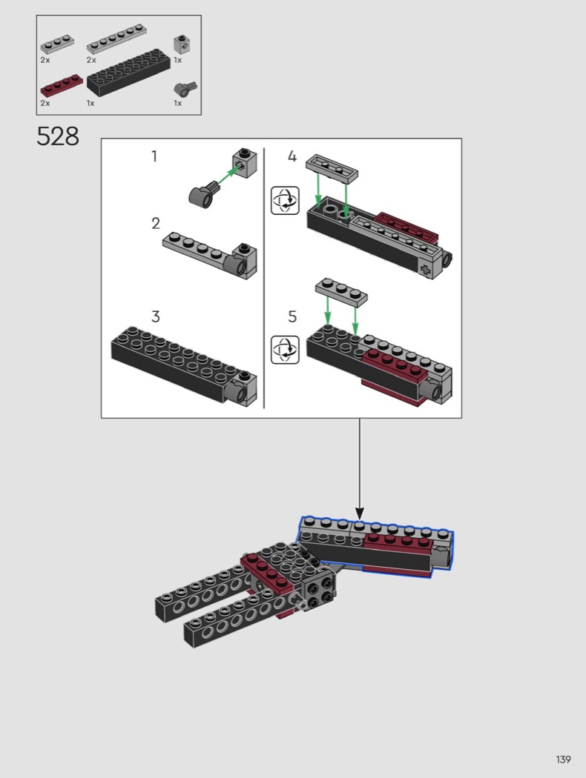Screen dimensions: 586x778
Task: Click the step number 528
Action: point(58,136)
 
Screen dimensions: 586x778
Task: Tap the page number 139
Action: point(563,759)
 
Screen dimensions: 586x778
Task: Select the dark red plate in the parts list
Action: point(62,85)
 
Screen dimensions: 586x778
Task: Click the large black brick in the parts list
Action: point(128,73)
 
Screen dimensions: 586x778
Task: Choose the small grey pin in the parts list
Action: point(185,90)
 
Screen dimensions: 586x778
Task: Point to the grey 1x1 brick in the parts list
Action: point(183,44)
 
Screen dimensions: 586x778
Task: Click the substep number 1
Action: point(154,156)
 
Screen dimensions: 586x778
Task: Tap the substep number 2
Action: point(156,224)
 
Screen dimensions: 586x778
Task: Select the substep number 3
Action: point(156,316)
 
